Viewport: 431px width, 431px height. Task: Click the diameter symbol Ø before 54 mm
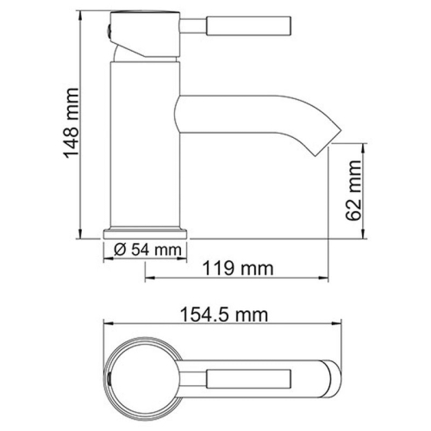click(120, 251)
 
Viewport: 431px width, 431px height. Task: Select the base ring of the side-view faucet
click(147, 233)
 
